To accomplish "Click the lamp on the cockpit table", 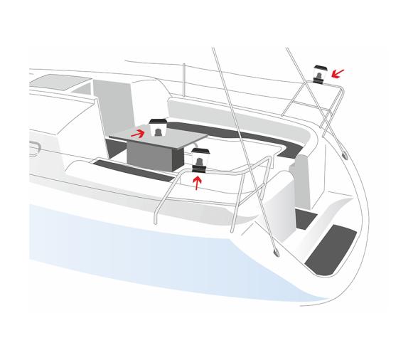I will pyautogui.click(x=158, y=128).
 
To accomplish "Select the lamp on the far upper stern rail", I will pyautogui.click(x=319, y=73).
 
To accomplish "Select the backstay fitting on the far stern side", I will pyautogui.click(x=344, y=154).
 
